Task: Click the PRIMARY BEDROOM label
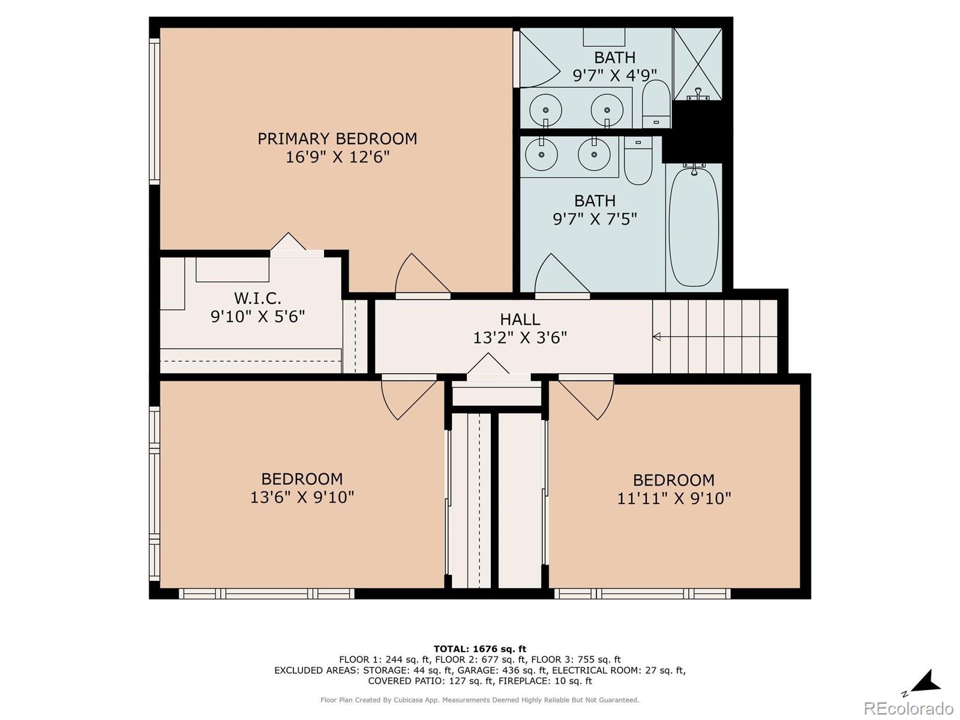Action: (x=337, y=139)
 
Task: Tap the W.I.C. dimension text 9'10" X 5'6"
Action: (x=257, y=316)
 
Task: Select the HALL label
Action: (x=520, y=319)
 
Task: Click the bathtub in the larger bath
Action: (x=694, y=227)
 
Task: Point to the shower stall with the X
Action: (x=697, y=63)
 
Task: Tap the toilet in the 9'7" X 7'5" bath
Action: (x=638, y=161)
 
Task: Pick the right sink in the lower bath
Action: (x=594, y=154)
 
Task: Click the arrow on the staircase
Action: (x=656, y=337)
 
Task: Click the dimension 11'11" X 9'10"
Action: (x=674, y=499)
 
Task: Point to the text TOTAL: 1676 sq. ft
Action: (x=479, y=649)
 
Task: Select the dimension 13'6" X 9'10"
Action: (x=302, y=497)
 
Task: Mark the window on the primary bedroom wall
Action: (x=154, y=111)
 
